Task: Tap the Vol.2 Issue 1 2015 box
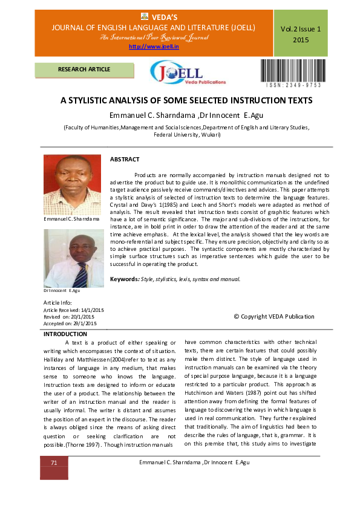[x=301, y=34]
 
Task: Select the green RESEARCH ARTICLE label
[x=84, y=70]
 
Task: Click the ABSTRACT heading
[x=125, y=159]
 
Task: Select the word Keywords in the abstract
[x=124, y=279]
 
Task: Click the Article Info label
[x=57, y=302]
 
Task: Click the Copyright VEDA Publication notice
[x=273, y=316]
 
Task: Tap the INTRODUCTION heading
[x=66, y=334]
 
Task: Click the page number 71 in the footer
[x=54, y=462]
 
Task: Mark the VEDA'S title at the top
[x=161, y=16]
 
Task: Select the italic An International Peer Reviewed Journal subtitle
[x=154, y=37]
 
